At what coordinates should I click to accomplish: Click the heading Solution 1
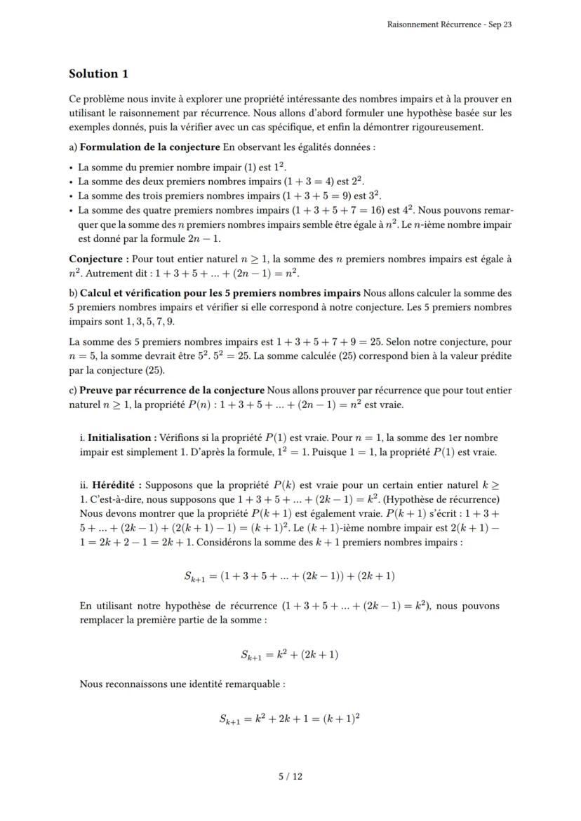(x=98, y=74)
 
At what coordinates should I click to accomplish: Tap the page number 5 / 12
(x=290, y=776)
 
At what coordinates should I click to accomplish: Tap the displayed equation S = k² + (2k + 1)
(x=290, y=655)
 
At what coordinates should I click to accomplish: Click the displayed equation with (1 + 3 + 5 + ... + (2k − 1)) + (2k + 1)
(x=290, y=576)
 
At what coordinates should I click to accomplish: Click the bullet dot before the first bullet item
(x=72, y=168)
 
